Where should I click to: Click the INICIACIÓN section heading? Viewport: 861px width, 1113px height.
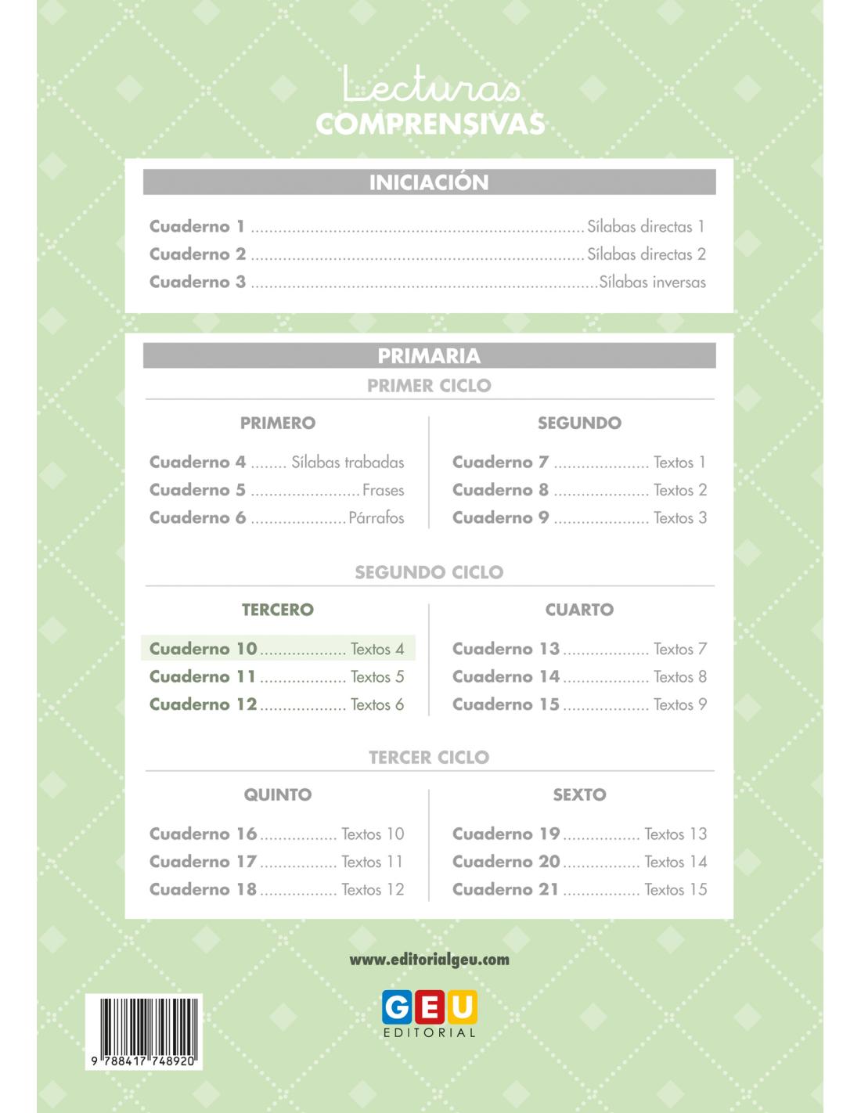(x=428, y=182)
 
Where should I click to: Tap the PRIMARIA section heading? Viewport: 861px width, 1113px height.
(x=428, y=356)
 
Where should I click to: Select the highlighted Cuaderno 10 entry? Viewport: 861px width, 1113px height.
(x=277, y=649)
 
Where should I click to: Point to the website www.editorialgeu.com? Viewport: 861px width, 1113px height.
(x=429, y=960)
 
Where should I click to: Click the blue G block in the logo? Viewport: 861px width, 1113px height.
(x=398, y=1007)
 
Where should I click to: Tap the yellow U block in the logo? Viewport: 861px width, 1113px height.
(x=463, y=1007)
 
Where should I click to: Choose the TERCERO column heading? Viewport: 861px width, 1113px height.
(x=277, y=610)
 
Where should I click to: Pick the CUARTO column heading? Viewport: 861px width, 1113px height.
(x=579, y=610)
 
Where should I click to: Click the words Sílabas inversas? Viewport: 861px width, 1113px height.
(x=652, y=282)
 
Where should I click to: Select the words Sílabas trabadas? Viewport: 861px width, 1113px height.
(x=348, y=463)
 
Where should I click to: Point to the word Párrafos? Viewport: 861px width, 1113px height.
(x=376, y=518)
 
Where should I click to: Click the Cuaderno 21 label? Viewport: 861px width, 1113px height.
(x=506, y=889)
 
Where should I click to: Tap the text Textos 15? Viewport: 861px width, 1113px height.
(x=675, y=889)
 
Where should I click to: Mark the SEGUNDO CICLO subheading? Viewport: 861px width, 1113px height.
(x=429, y=572)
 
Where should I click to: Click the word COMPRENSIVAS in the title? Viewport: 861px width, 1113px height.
(x=430, y=124)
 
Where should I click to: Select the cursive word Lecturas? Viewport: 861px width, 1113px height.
(x=431, y=85)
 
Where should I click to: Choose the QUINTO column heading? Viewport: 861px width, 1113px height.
(x=277, y=794)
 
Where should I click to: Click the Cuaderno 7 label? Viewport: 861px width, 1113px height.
(x=500, y=463)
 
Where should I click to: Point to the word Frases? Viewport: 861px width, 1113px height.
(x=384, y=491)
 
